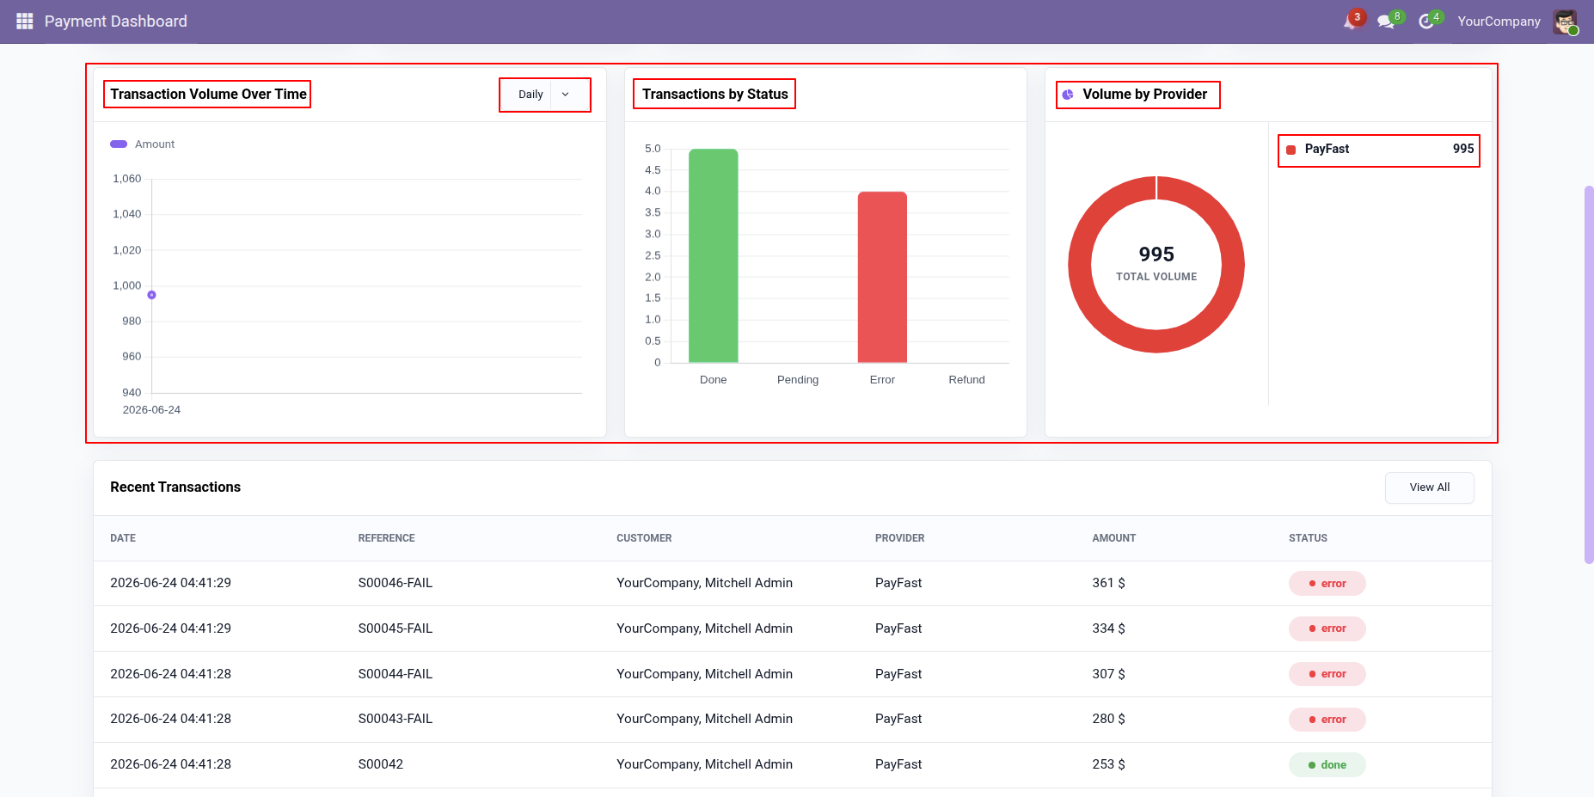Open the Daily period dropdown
tap(545, 95)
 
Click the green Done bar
tap(714, 255)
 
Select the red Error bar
tap(882, 277)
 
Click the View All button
tap(1429, 487)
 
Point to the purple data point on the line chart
tap(151, 295)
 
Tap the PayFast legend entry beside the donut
tap(1379, 150)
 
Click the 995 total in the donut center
tap(1156, 254)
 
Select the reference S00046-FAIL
tap(395, 583)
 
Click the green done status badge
tap(1327, 765)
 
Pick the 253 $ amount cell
tap(1108, 764)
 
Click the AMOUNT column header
tap(1113, 538)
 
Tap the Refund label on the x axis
tap(966, 380)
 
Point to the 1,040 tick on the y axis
tap(127, 214)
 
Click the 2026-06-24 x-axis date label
tap(151, 410)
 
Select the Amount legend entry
tap(143, 144)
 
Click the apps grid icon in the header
tap(24, 21)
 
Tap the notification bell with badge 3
tap(1352, 21)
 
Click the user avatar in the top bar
tap(1565, 21)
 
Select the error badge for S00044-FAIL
tap(1327, 674)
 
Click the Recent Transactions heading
tap(175, 487)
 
